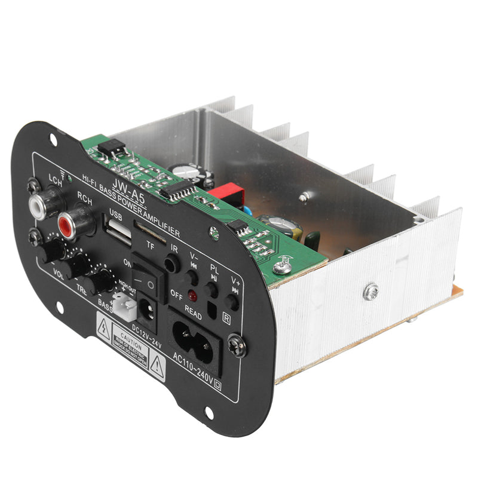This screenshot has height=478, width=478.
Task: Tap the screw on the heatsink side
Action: click(x=372, y=291)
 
